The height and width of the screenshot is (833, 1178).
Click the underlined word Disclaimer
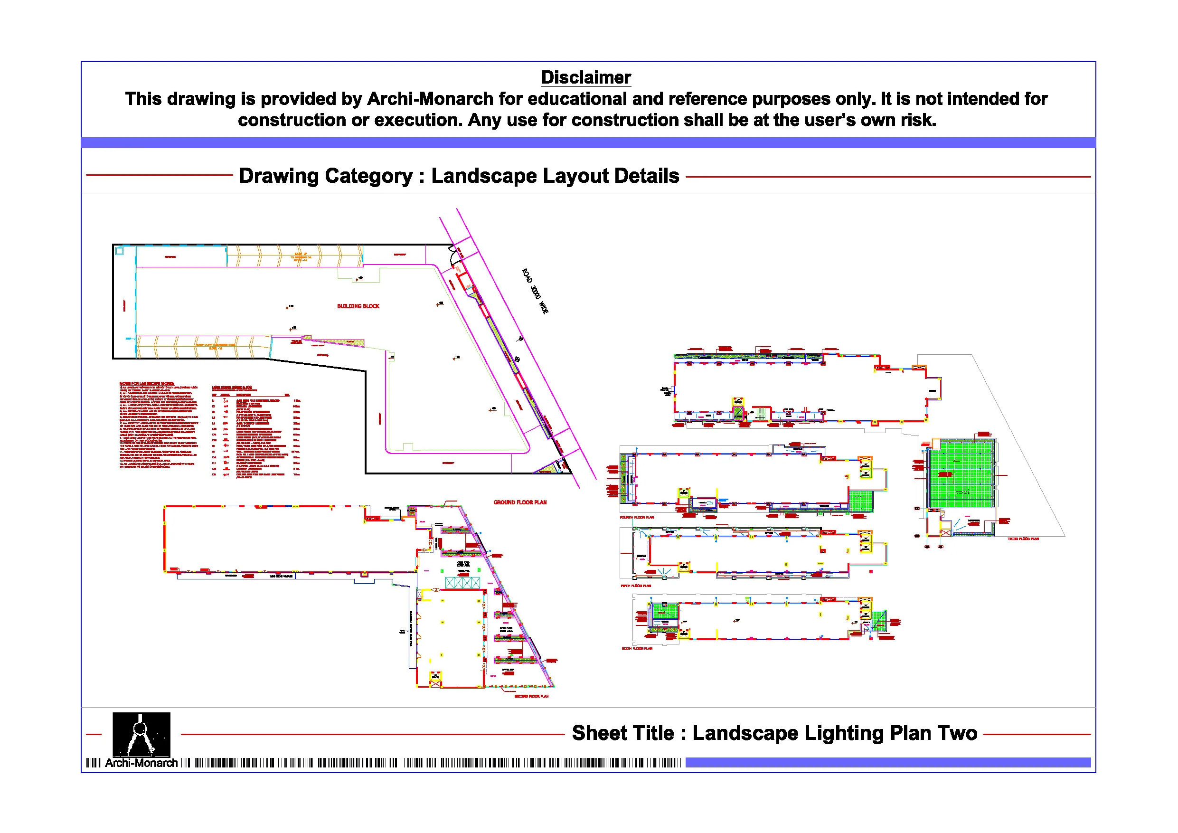(x=585, y=77)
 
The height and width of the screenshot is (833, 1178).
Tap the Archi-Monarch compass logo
(x=141, y=733)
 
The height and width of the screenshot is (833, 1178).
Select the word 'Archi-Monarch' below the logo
(x=141, y=763)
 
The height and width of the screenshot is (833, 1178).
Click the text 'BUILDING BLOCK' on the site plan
(x=358, y=306)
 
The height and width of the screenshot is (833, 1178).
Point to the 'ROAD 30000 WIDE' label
(x=535, y=291)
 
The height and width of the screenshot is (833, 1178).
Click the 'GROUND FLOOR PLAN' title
(x=520, y=502)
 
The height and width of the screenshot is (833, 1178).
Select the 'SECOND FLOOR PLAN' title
(x=531, y=697)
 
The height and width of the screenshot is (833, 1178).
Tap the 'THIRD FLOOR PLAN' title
(x=1023, y=539)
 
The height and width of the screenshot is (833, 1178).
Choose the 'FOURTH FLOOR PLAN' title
(x=637, y=517)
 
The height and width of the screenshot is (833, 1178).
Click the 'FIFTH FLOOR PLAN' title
(x=636, y=586)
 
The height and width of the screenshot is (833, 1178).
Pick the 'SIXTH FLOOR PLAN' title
(x=637, y=649)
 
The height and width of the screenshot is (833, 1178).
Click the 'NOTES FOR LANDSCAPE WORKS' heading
(x=147, y=384)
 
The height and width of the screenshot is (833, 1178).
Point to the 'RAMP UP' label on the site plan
(x=301, y=255)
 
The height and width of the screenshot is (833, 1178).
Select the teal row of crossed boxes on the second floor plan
(x=462, y=583)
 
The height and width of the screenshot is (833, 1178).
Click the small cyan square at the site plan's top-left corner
(x=120, y=251)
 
